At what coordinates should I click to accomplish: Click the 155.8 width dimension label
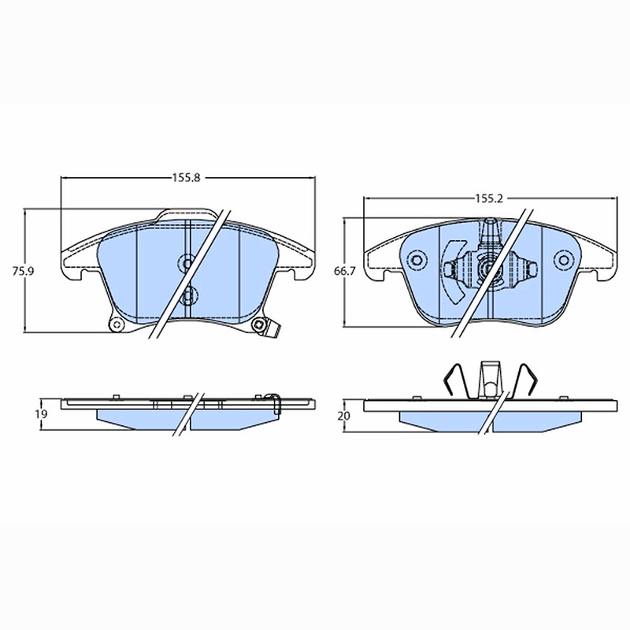[x=187, y=178]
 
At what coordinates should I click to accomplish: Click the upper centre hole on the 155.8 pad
[x=187, y=264]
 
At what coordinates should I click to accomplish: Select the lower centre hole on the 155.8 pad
[x=189, y=297]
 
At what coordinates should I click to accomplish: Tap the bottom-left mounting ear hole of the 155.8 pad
[x=117, y=325]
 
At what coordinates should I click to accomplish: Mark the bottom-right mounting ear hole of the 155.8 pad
[x=258, y=325]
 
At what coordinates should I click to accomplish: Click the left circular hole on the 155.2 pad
[x=416, y=261]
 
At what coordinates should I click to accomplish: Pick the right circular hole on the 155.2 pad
[x=564, y=261]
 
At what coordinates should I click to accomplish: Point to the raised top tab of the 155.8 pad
[x=187, y=214]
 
